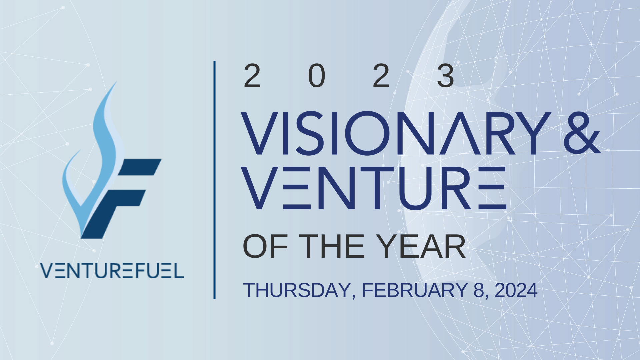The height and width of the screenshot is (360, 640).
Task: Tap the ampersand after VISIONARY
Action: [582, 133]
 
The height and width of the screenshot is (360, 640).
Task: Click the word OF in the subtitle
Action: [265, 247]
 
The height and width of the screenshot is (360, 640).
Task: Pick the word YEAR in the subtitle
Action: [421, 247]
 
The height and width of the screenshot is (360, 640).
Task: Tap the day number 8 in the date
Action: [479, 290]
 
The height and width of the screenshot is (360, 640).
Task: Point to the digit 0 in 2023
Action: [317, 76]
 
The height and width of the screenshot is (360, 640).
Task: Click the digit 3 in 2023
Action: [445, 76]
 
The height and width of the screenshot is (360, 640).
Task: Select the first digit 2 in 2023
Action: [252, 76]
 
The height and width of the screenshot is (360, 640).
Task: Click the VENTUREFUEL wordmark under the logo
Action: [112, 271]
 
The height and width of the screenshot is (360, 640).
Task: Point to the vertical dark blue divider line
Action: [214, 180]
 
